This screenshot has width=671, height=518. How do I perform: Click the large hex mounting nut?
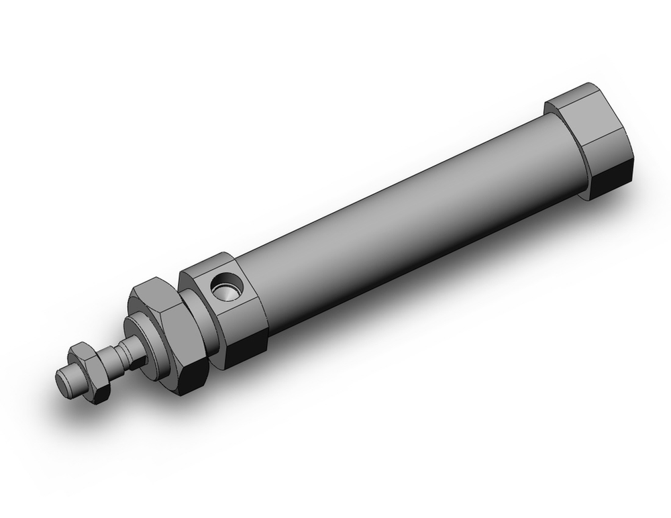pos(164,329)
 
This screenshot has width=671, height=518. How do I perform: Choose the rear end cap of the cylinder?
pos(590,141)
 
